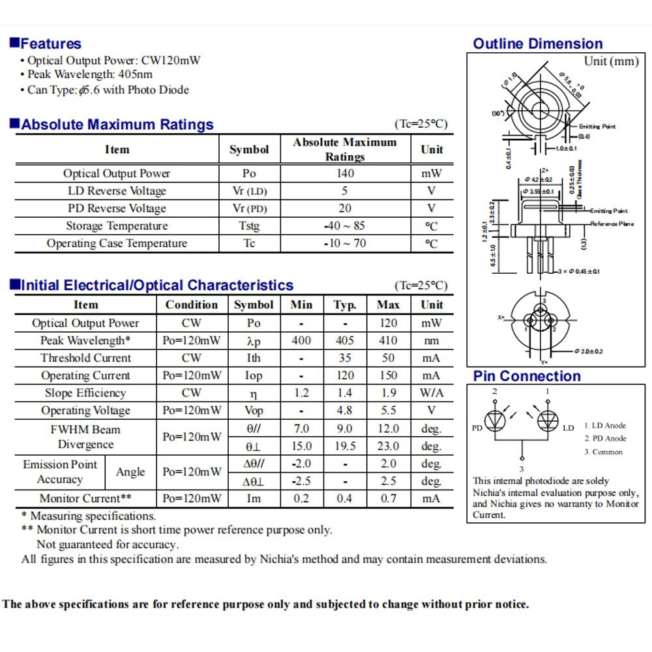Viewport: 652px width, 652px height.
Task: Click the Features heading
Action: click(50, 44)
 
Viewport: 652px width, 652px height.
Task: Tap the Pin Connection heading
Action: click(527, 376)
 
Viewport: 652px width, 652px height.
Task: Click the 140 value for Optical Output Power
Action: click(345, 173)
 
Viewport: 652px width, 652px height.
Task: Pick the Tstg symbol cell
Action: click(249, 226)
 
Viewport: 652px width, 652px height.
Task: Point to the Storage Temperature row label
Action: click(117, 226)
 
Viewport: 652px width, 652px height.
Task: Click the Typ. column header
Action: click(345, 305)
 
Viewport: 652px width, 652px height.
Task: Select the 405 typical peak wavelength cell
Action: click(345, 340)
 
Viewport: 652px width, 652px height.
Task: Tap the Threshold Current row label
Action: click(85, 358)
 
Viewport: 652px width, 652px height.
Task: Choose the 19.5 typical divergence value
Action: click(345, 447)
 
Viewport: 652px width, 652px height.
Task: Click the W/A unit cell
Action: click(432, 393)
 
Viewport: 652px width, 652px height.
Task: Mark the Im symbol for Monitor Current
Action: click(254, 499)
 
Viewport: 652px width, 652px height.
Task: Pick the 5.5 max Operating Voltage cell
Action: click(388, 411)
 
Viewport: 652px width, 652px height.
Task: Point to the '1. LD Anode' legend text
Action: click(604, 426)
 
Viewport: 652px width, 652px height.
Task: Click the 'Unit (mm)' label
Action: click(611, 61)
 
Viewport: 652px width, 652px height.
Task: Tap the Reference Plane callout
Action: click(612, 224)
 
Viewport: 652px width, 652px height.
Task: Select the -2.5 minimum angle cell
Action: click(301, 482)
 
